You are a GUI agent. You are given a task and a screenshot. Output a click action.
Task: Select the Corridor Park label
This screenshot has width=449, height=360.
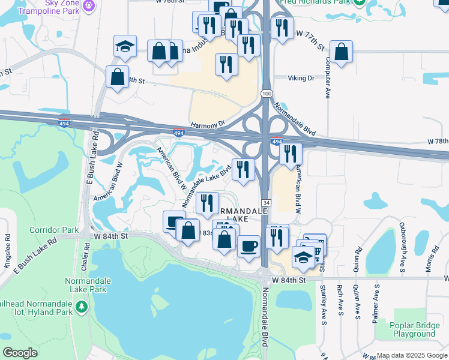click(53, 230)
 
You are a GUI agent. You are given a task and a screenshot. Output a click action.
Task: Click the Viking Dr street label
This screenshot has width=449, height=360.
click(301, 78)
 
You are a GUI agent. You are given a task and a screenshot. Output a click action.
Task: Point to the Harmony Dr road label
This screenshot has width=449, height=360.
click(207, 124)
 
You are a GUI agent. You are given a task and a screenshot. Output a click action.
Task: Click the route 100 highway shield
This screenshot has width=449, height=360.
click(267, 94)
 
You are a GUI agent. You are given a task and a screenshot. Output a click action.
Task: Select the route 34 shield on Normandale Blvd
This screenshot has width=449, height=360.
click(266, 204)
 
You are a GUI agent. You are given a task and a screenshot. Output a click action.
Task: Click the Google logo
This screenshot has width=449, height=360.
click(20, 353)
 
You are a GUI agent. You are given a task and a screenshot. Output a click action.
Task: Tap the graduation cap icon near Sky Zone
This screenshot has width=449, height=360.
click(125, 47)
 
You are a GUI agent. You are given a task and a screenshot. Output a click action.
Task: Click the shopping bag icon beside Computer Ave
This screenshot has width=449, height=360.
click(341, 52)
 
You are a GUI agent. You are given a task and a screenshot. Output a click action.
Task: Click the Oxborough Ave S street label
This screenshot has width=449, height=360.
click(403, 240)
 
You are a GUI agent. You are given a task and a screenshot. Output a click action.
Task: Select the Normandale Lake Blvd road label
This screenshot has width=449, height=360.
click(206, 185)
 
